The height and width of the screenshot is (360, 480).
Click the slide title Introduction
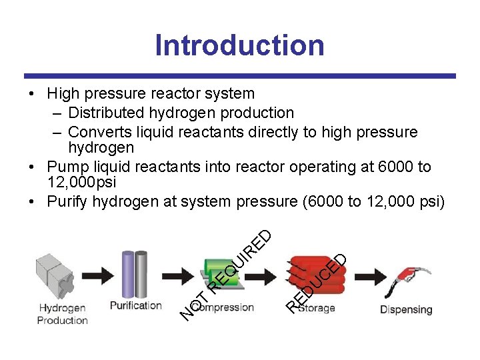click(x=240, y=45)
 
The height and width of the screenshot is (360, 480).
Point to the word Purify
click(x=69, y=201)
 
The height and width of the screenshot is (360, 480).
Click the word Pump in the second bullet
click(x=69, y=167)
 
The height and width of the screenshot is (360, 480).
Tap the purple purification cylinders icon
click(x=135, y=273)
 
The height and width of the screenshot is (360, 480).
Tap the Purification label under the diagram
click(x=135, y=306)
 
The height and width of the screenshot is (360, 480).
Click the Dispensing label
click(x=406, y=309)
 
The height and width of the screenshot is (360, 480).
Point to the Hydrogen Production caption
click(x=62, y=314)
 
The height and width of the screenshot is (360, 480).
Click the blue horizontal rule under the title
click(x=240, y=76)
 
